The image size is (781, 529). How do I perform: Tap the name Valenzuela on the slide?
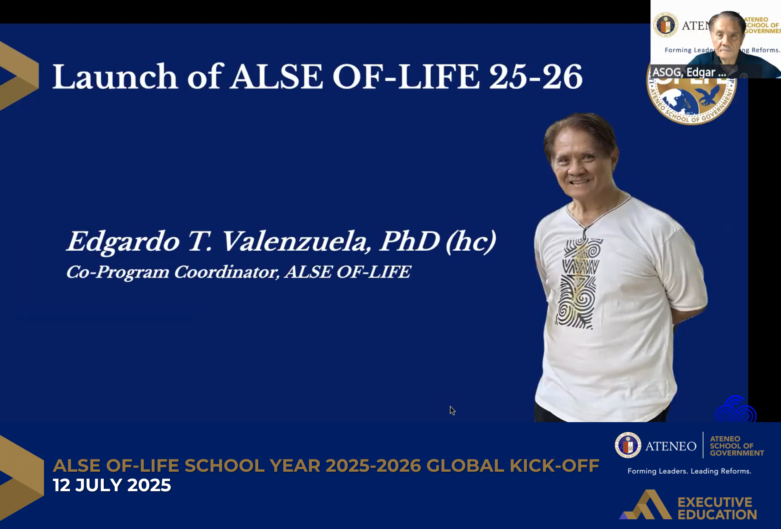click(x=295, y=241)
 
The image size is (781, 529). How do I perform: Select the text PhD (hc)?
click(x=438, y=241)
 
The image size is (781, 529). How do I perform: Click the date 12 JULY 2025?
click(x=112, y=485)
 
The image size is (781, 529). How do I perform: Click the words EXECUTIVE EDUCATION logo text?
click(x=717, y=508)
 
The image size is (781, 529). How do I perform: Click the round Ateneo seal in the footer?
click(x=628, y=445)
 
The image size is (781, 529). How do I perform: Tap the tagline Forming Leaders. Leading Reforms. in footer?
click(x=689, y=471)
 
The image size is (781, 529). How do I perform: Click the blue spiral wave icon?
click(x=735, y=410)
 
